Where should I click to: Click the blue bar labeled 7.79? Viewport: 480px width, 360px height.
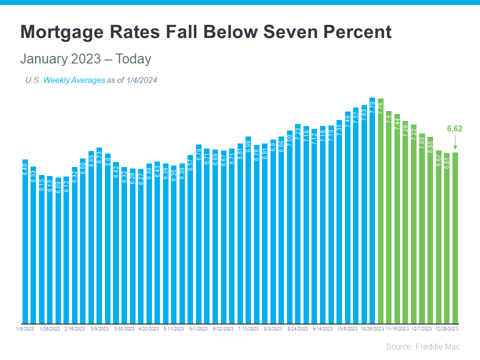click(x=372, y=210)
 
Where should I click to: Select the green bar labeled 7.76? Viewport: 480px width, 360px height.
click(x=380, y=210)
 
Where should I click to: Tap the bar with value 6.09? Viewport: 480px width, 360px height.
click(x=58, y=250)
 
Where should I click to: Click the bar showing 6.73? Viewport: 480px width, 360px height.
click(x=99, y=235)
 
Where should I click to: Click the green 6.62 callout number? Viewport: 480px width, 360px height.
click(x=454, y=128)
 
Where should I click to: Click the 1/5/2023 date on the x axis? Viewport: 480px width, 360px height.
click(x=24, y=329)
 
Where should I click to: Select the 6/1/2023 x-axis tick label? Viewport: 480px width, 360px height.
click(x=198, y=329)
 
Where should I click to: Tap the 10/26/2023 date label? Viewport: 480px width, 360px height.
click(x=372, y=329)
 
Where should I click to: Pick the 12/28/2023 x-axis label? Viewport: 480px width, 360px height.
click(x=446, y=329)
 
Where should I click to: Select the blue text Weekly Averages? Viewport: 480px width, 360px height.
click(x=74, y=80)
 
